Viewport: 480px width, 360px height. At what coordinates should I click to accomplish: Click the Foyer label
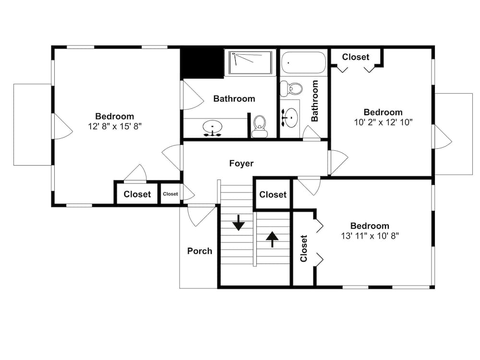tap(241, 164)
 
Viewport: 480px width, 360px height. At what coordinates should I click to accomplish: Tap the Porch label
tap(199, 251)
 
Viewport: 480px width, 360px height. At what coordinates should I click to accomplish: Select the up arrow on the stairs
tap(272, 239)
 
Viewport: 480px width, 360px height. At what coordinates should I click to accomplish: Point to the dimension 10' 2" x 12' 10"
tap(383, 122)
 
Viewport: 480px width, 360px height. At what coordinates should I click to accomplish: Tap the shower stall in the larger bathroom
tap(250, 62)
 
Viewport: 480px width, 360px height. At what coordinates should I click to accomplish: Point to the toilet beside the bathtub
tap(293, 88)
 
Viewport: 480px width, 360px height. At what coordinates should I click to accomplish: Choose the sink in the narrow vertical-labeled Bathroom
tap(290, 117)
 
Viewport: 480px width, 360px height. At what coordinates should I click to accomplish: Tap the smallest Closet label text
tap(170, 194)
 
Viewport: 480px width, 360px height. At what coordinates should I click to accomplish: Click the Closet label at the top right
tap(356, 57)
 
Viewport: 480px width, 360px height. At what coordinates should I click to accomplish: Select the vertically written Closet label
tap(303, 248)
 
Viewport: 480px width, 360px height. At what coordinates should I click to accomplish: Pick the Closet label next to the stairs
tap(273, 194)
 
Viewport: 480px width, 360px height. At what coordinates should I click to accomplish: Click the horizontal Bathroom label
tap(234, 99)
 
